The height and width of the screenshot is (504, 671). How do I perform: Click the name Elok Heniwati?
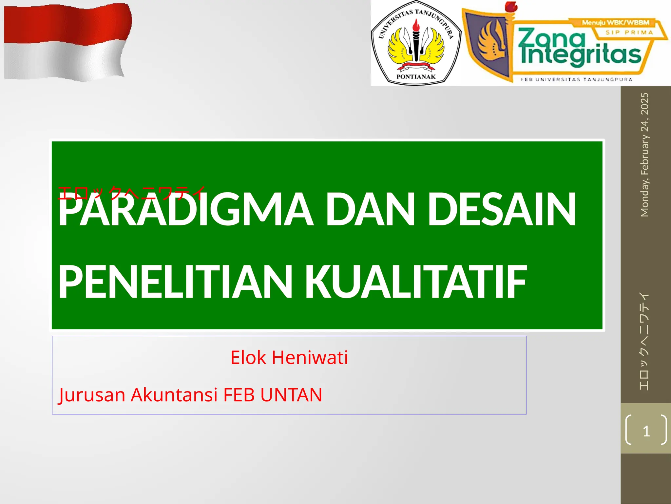click(289, 357)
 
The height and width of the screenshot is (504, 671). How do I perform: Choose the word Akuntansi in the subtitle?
click(174, 394)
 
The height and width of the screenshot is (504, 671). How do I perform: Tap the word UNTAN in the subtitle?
click(291, 394)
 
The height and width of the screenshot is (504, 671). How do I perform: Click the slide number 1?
click(646, 431)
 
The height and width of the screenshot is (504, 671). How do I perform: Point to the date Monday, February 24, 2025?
click(644, 155)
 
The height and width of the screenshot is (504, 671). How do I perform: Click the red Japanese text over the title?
click(131, 193)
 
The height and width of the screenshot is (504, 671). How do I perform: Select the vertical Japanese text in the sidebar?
click(644, 341)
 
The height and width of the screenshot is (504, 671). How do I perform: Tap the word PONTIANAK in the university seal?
click(416, 77)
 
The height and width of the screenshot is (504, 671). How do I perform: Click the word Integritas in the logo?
click(580, 55)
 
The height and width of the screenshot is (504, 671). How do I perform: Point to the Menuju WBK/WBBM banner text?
click(615, 23)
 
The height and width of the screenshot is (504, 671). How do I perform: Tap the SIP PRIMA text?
click(629, 32)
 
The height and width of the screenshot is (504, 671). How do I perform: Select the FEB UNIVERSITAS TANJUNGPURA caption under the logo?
click(577, 79)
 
